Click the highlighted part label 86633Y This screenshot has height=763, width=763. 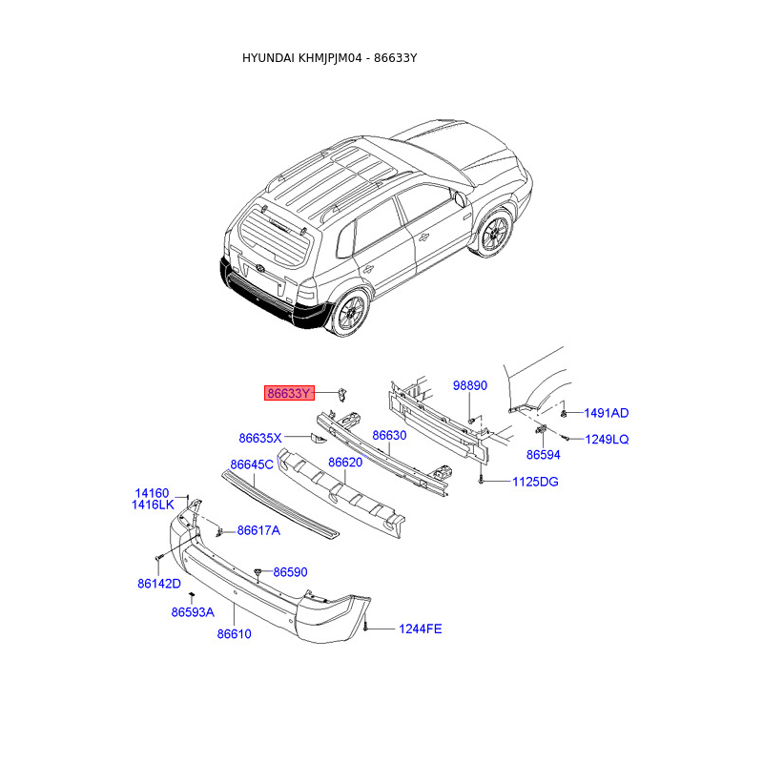point(289,393)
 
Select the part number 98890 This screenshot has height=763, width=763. point(469,386)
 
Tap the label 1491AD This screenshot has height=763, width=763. point(607,413)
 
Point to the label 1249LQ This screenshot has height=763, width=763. point(607,439)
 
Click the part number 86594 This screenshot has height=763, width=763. point(543,456)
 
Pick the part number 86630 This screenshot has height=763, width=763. point(389,435)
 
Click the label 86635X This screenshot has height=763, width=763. point(260,439)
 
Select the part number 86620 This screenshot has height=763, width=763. point(345,463)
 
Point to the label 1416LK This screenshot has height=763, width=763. point(153,505)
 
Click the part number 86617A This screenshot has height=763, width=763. point(258,530)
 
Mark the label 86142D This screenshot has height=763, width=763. point(158,582)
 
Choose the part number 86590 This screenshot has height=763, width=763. point(290,572)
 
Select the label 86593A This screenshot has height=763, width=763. point(193,612)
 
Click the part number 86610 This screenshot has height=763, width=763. point(234,633)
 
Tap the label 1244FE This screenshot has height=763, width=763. point(421,629)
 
